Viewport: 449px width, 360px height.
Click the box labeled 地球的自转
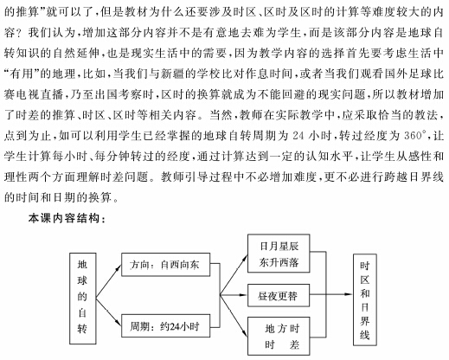tap(83, 299)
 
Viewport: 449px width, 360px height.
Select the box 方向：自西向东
tap(165, 265)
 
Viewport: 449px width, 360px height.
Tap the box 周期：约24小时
tap(165, 325)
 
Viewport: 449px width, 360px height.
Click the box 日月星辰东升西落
tap(279, 254)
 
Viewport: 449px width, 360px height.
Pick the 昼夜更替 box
tap(279, 295)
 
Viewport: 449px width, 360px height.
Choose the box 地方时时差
tap(279, 336)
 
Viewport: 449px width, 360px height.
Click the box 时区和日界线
tap(365, 299)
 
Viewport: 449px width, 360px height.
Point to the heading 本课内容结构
tap(67, 218)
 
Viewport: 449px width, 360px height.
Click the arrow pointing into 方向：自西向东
tap(108, 281)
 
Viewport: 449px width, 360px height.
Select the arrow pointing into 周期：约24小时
tap(108, 312)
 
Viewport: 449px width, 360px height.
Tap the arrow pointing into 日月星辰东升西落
tap(234, 274)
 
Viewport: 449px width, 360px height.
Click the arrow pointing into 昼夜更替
tap(234, 295)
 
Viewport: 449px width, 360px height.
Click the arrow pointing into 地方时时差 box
tap(234, 316)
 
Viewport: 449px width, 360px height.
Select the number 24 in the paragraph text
tap(298, 135)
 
